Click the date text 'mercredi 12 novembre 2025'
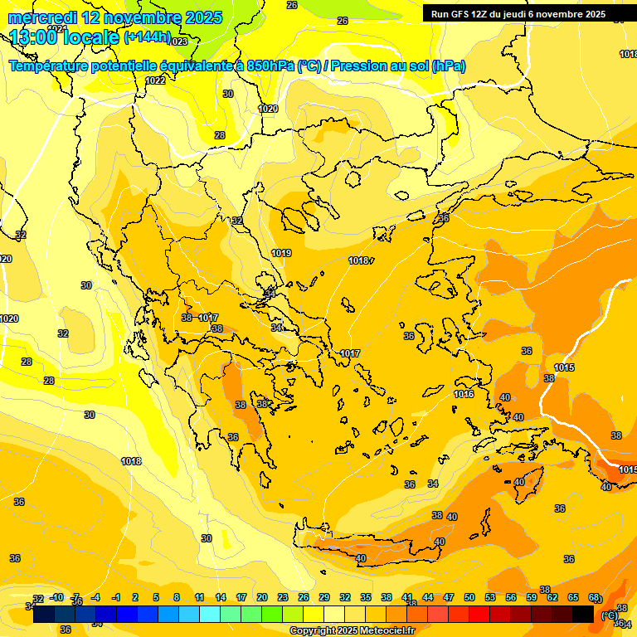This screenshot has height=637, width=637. [115, 17]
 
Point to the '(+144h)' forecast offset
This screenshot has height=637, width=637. [147, 37]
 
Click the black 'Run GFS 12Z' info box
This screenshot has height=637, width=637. [518, 14]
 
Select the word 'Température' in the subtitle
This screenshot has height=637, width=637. [52, 66]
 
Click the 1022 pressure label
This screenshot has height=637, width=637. [154, 80]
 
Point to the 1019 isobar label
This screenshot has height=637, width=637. [281, 253]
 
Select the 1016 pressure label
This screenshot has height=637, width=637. [464, 394]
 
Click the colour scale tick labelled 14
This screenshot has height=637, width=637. [221, 597]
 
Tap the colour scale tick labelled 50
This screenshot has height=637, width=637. [469, 597]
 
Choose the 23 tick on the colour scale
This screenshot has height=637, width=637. [283, 597]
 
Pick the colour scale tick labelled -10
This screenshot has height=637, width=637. [56, 597]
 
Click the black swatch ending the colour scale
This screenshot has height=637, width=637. [583, 614]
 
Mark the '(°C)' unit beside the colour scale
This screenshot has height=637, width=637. [609, 615]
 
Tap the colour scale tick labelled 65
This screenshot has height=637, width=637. [573, 597]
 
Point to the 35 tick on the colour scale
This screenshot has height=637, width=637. [366, 597]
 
